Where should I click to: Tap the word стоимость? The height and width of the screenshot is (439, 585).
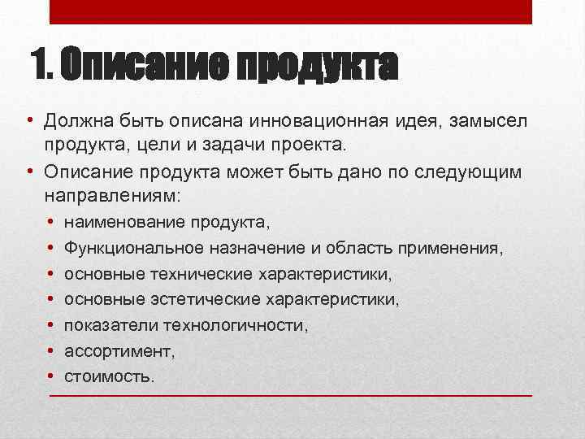click(108, 377)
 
